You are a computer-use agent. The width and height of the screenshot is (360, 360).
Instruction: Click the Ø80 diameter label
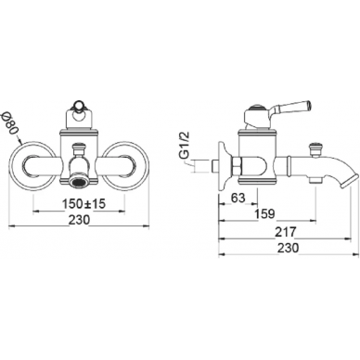point(8,122)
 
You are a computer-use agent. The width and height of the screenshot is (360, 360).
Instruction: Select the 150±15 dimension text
point(84,204)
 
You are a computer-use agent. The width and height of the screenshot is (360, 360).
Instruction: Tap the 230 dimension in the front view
point(79,220)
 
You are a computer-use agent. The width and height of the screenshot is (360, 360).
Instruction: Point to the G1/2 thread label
point(185,147)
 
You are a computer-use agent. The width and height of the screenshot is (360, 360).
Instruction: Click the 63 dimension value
point(238,198)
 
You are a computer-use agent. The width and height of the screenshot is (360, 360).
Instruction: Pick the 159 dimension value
point(264,213)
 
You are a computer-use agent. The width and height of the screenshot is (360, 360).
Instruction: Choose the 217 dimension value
point(286,232)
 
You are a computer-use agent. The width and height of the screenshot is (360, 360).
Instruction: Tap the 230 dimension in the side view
point(288,248)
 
